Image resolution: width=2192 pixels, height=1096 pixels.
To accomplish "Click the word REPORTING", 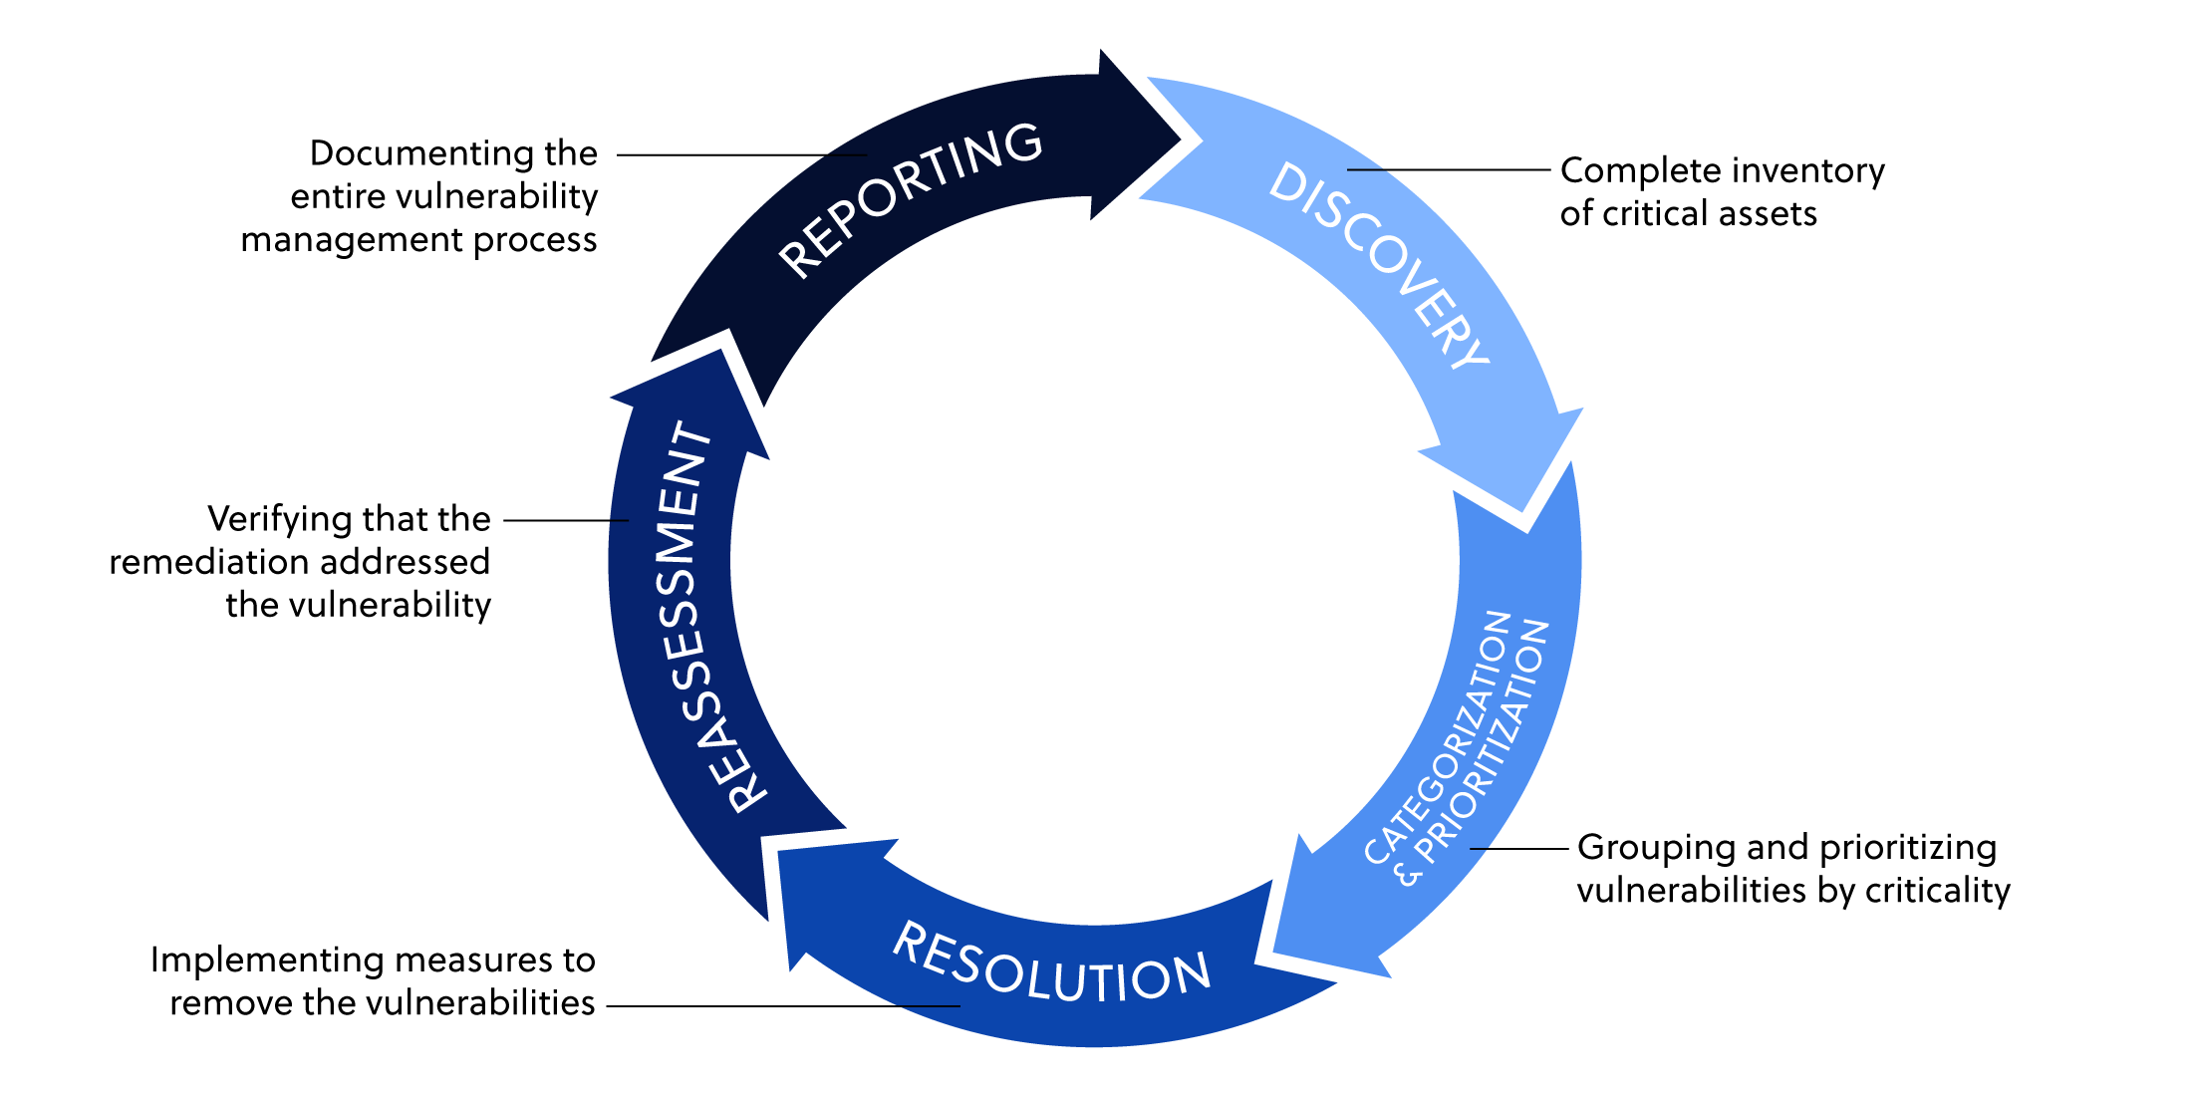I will point(910,199).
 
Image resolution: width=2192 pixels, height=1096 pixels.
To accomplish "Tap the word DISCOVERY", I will point(1380,265).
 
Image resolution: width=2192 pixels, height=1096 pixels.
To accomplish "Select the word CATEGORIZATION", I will point(1438,737).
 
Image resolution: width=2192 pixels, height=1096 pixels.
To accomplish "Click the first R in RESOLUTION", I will point(909,941).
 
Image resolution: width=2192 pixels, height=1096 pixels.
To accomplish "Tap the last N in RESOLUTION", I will point(1190,971).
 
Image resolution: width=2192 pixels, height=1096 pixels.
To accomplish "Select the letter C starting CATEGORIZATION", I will point(1377,853).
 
